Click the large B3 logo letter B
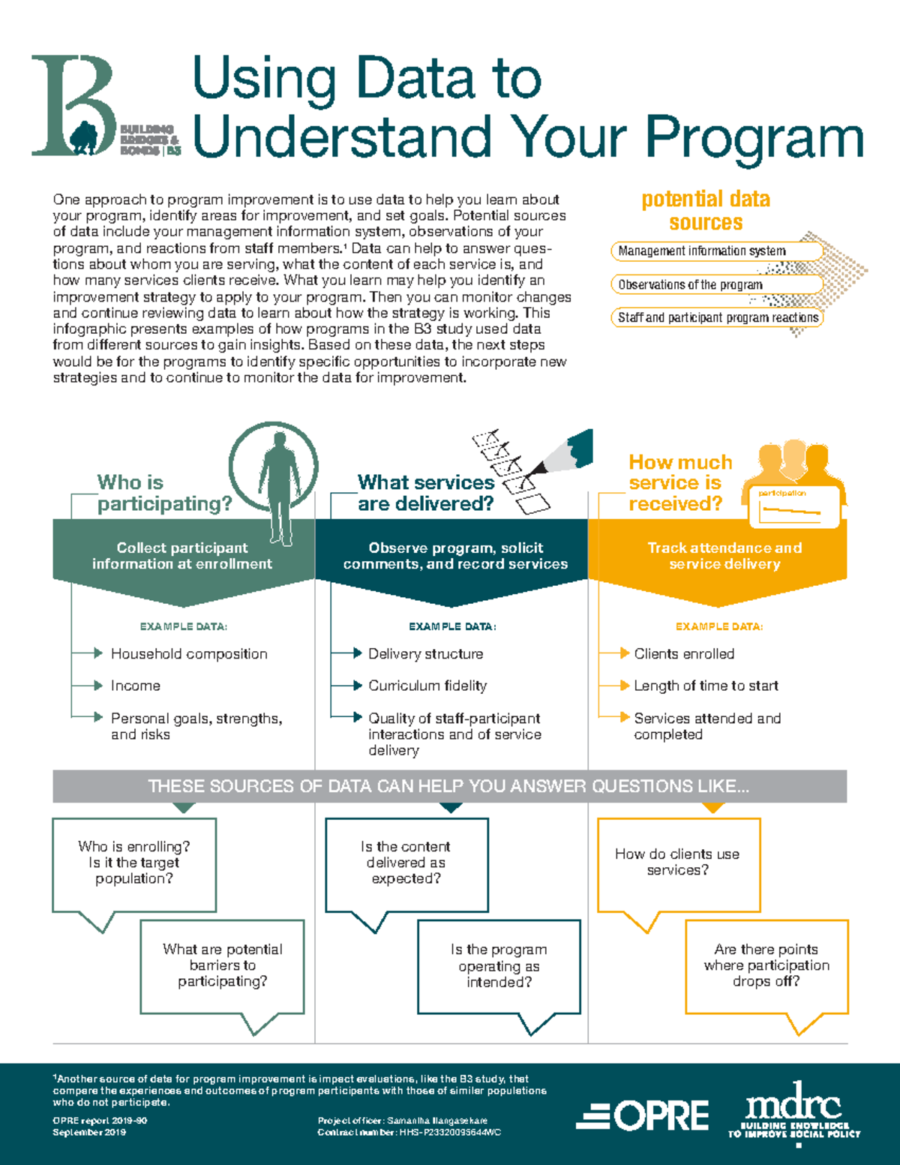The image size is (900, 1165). point(71,105)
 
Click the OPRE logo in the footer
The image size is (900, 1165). point(643,1116)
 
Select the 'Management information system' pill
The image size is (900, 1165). point(716,251)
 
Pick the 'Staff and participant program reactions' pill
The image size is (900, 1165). point(717,318)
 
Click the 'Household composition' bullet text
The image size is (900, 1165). point(189,654)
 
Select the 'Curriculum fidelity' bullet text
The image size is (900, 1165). point(427,686)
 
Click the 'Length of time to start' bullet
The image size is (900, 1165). point(706,686)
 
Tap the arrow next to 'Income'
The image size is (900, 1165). point(97,686)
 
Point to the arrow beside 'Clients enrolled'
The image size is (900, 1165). point(624,653)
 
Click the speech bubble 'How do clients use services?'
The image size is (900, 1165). point(678,863)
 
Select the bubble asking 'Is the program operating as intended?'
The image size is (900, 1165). point(499,965)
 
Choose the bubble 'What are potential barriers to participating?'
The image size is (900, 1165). point(223,965)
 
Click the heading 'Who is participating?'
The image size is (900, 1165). point(165,493)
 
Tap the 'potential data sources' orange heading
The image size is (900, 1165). point(706,211)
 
